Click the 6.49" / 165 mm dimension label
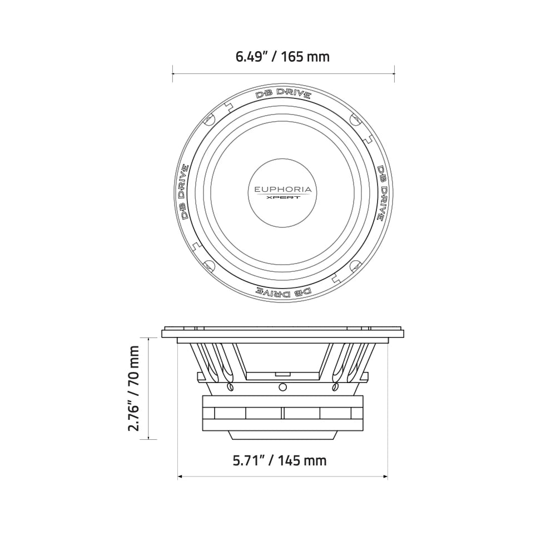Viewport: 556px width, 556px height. click(283, 56)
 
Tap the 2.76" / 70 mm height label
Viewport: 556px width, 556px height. click(134, 388)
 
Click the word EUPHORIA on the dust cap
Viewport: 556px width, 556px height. click(283, 190)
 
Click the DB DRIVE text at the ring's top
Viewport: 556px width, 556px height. click(283, 94)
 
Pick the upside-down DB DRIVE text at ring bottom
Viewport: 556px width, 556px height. click(283, 291)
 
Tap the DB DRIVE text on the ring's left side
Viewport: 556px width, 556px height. click(182, 192)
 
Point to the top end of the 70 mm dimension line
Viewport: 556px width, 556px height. click(148, 337)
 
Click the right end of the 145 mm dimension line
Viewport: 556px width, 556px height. click(388, 476)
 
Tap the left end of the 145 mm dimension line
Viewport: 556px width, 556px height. click(178, 476)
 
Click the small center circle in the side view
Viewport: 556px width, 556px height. click(282, 386)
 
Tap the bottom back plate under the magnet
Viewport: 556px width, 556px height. click(282, 434)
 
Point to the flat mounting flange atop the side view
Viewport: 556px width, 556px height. click(282, 334)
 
